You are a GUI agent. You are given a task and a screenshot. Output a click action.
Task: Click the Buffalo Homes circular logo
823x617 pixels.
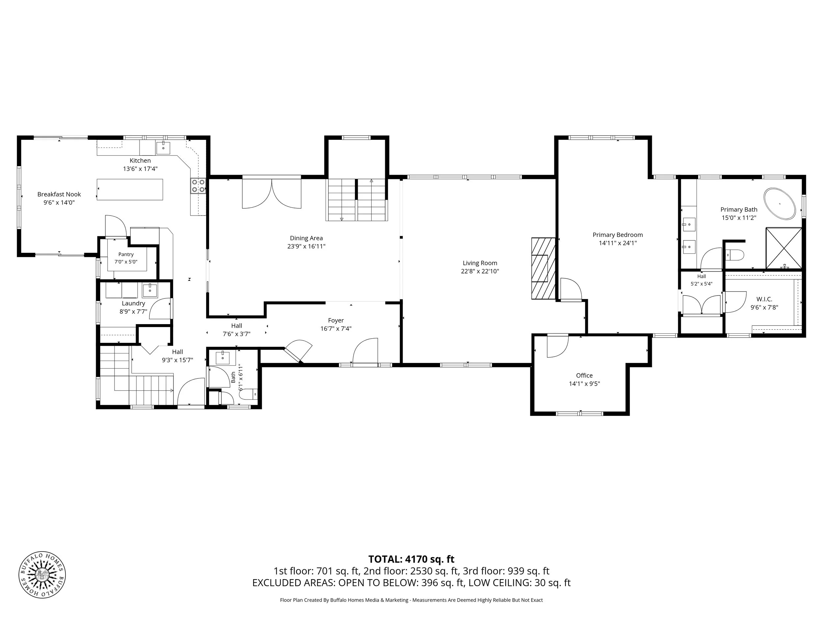42,575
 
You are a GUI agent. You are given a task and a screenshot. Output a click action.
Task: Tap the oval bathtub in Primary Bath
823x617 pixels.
780,204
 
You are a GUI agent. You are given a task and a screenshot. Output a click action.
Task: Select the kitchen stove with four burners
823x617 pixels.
198,186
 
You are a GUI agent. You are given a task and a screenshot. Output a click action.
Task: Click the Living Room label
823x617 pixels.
480,263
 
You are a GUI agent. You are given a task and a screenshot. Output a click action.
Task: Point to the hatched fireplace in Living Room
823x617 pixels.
543,268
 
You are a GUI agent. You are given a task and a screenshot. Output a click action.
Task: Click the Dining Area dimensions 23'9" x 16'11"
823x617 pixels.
306,246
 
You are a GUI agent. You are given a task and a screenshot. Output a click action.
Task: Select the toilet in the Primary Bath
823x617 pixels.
735,255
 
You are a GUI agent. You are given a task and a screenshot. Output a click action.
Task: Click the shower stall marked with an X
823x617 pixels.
783,248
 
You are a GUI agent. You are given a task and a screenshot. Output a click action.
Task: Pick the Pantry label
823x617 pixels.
126,254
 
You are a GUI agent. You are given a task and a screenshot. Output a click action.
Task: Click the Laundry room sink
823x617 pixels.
150,290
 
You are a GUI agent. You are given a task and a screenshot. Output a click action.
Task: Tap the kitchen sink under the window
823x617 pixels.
163,148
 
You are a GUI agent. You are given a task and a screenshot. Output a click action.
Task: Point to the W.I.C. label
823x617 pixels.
764,299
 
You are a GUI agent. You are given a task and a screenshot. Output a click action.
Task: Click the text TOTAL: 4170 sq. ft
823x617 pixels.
411,559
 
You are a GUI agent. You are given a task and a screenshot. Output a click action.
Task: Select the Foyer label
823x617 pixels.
335,320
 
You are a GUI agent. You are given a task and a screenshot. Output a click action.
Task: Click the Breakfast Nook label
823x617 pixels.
59,194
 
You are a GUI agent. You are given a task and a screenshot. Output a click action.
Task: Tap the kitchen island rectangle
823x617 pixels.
130,190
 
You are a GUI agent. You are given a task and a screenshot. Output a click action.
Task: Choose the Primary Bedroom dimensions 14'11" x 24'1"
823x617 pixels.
618,243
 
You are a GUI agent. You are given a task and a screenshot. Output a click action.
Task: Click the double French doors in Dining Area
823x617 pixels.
272,193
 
